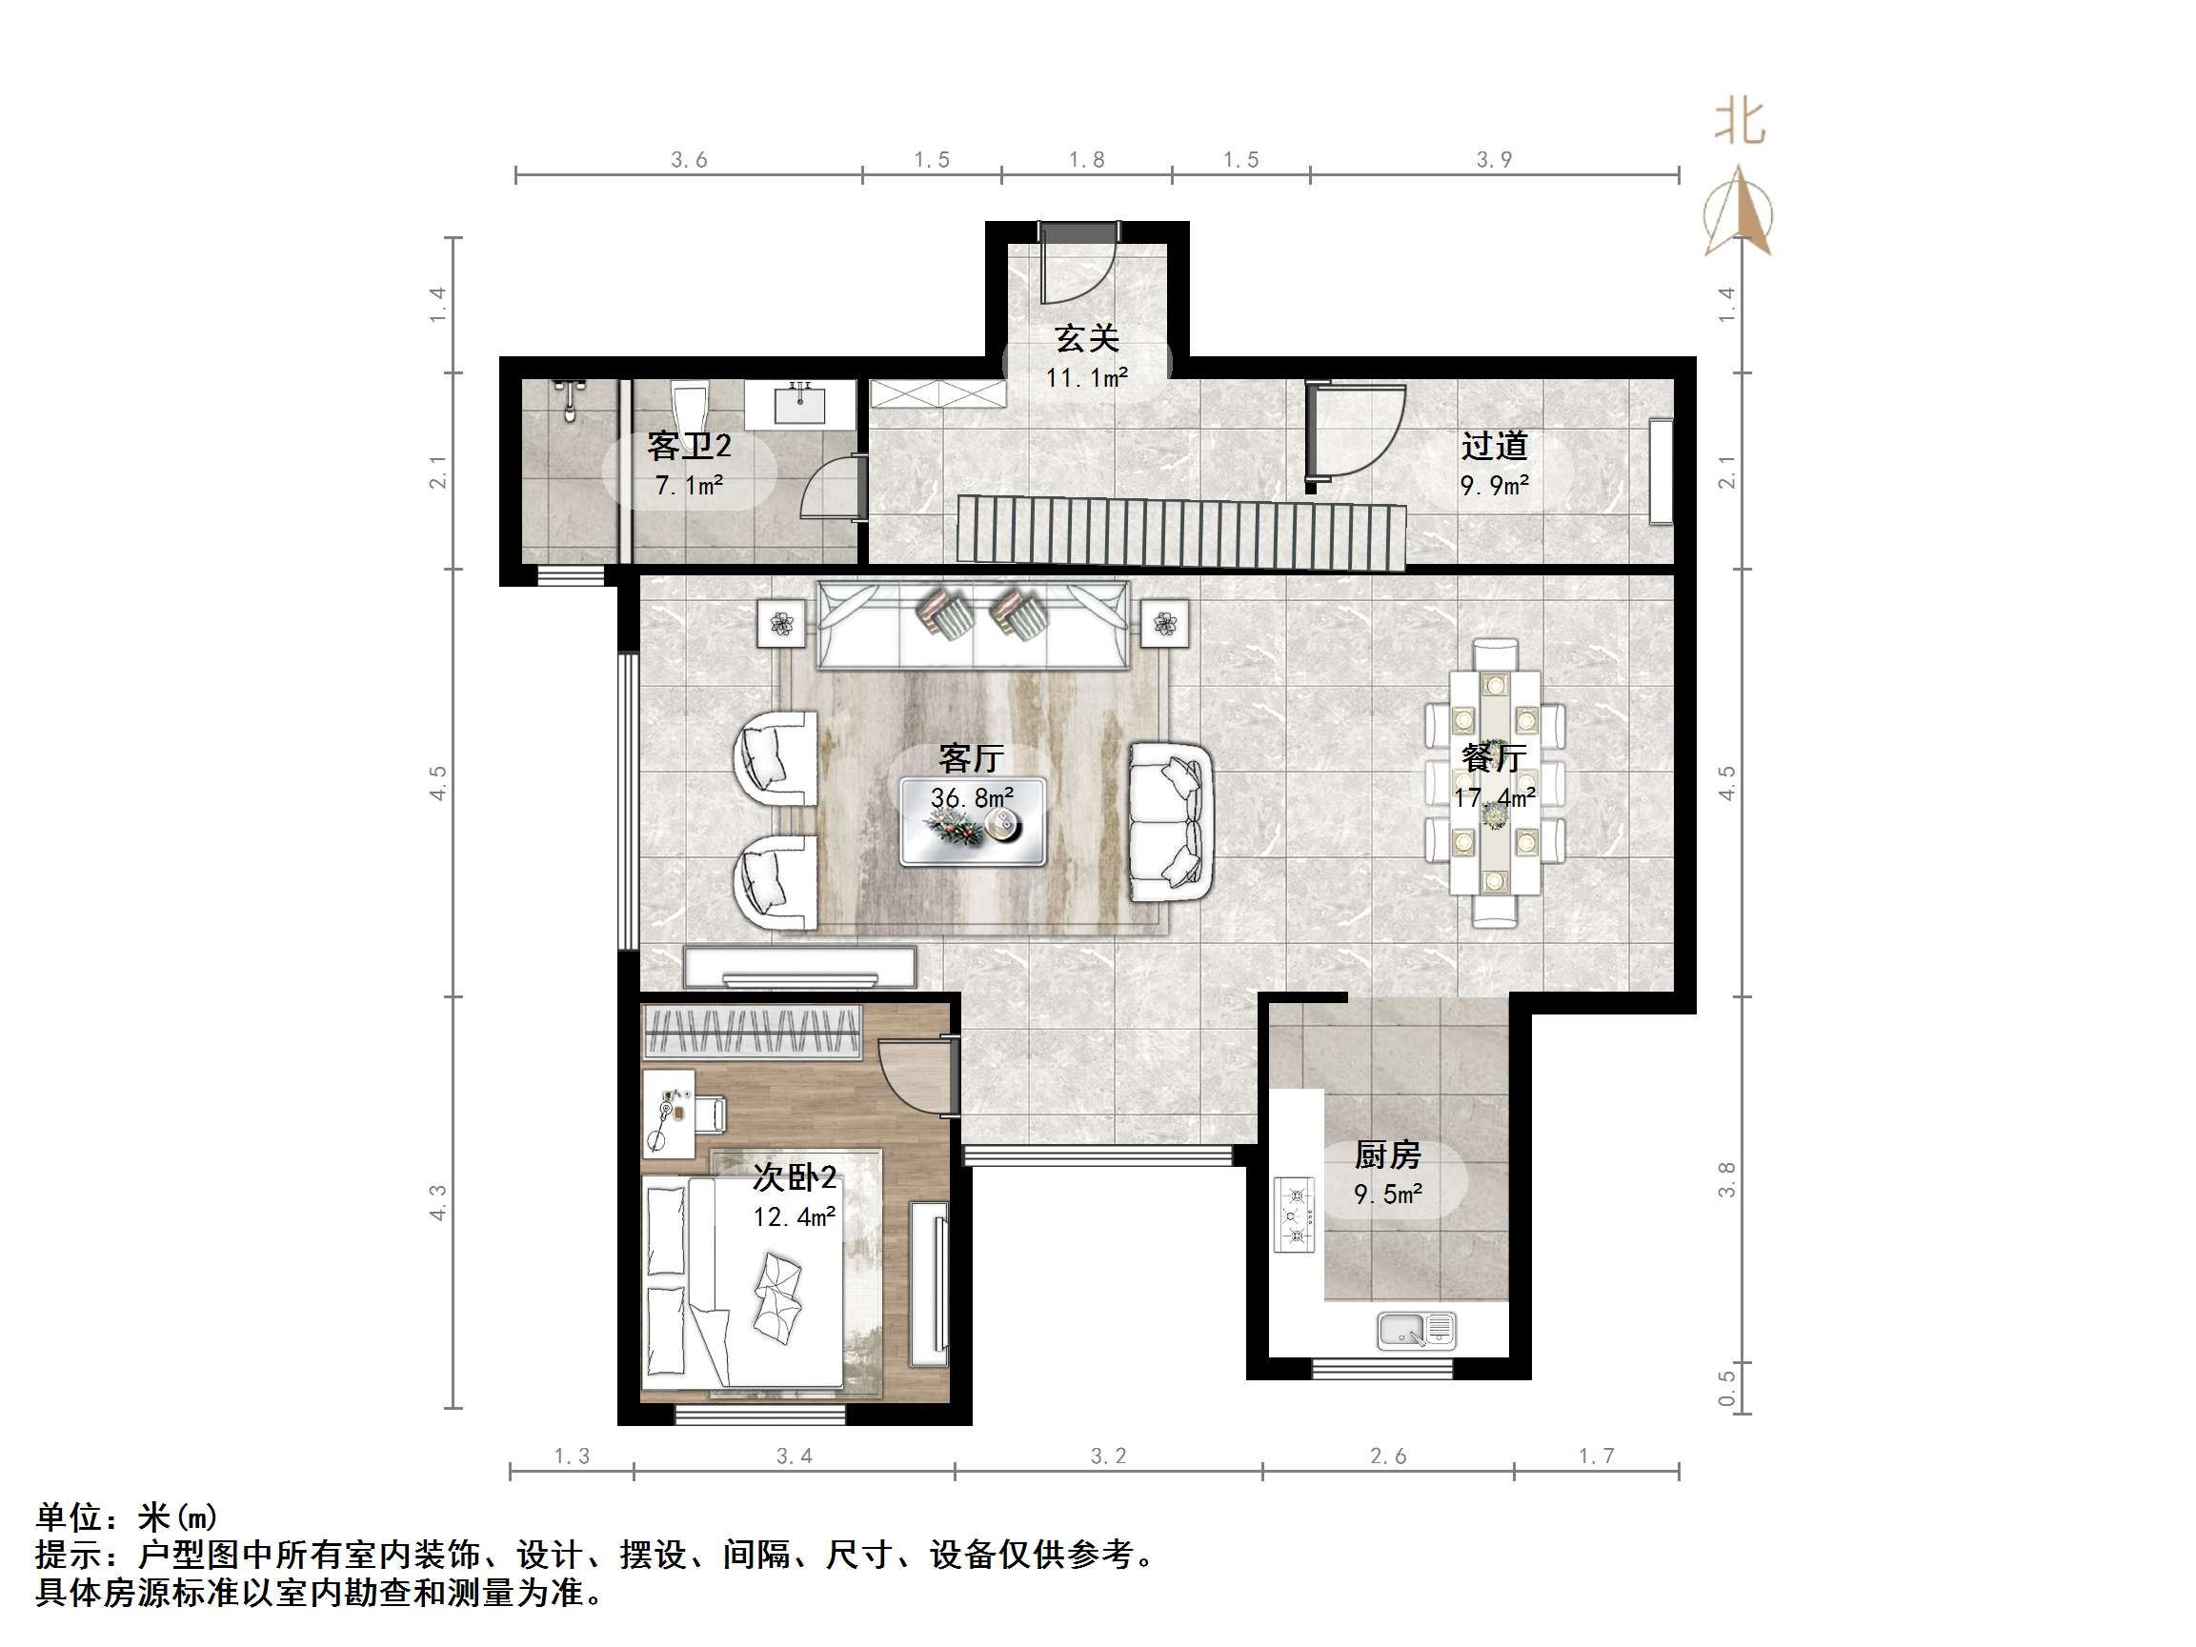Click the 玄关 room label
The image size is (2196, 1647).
pyautogui.click(x=1087, y=338)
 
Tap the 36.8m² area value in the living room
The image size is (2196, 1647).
pyautogui.click(x=972, y=797)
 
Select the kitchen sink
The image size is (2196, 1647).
pyautogui.click(x=1417, y=1331)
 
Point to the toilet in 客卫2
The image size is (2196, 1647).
pyautogui.click(x=689, y=405)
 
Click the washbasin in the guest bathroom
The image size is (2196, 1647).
pyautogui.click(x=800, y=405)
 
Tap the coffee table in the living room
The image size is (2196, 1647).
pyautogui.click(x=973, y=822)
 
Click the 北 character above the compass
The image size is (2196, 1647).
pyautogui.click(x=1741, y=122)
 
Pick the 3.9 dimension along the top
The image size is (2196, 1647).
pyautogui.click(x=1494, y=160)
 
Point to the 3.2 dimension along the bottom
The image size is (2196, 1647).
pyautogui.click(x=1109, y=1456)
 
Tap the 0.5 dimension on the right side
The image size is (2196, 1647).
pyautogui.click(x=1726, y=1388)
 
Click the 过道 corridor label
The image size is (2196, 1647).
pyautogui.click(x=1494, y=447)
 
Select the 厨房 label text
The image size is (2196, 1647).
pyautogui.click(x=1388, y=1155)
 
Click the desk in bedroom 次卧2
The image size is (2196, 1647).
pyautogui.click(x=669, y=1113)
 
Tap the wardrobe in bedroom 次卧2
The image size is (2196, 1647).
pyautogui.click(x=752, y=1032)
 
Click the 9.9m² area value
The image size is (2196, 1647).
pyautogui.click(x=1494, y=486)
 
